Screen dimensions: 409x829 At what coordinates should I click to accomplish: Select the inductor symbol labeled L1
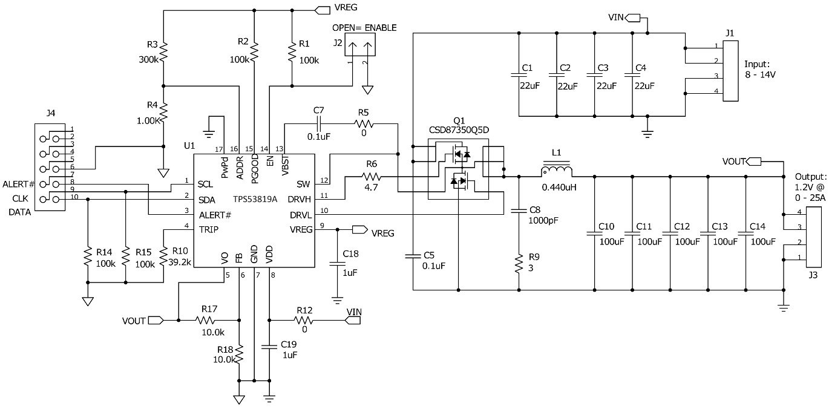(557, 171)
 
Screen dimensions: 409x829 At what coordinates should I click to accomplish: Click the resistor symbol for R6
(371, 177)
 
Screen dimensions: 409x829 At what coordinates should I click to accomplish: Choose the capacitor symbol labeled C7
(319, 124)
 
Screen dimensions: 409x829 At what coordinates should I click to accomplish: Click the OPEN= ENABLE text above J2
(364, 28)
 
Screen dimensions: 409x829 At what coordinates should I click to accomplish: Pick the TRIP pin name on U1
(209, 230)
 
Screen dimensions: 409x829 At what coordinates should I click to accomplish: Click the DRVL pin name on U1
(300, 215)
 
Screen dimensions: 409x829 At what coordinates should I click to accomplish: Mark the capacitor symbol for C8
(519, 211)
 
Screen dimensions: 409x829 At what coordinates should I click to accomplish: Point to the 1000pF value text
(543, 221)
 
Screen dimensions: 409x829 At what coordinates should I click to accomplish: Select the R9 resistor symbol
(519, 264)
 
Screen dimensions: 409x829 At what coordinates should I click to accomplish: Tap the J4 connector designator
(50, 113)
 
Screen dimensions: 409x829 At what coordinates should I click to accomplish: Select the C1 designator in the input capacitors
(526, 67)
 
